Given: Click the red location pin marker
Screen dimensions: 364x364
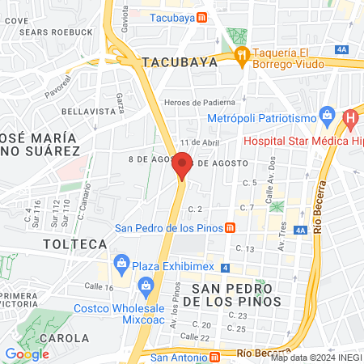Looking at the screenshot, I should (x=182, y=165).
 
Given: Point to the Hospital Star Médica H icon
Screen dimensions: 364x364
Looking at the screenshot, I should (x=350, y=121).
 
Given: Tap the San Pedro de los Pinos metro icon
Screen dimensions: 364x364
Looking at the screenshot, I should (x=231, y=228).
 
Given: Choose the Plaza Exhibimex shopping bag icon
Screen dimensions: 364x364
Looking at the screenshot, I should (x=122, y=262).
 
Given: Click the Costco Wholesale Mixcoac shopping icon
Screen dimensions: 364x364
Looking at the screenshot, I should (x=146, y=286).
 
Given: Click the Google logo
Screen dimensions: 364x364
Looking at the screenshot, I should (x=27, y=353).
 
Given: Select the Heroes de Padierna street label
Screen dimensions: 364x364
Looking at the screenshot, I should (x=199, y=102).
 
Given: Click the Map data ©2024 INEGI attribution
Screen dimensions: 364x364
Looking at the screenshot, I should (x=316, y=358).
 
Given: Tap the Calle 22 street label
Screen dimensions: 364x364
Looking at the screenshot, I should (x=195, y=336).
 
